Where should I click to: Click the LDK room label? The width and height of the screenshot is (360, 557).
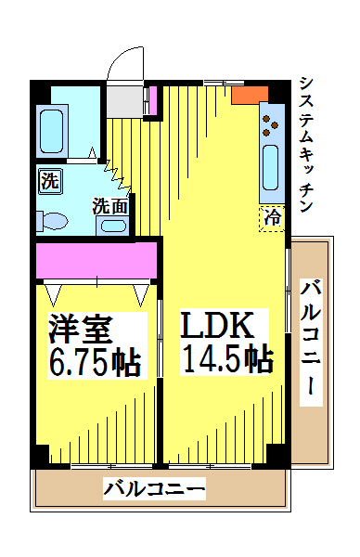tap(217, 325)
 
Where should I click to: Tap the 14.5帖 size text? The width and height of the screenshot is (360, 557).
tap(226, 358)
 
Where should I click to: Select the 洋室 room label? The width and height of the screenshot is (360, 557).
tap(81, 329)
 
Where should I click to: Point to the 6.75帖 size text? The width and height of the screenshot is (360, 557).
tap(96, 362)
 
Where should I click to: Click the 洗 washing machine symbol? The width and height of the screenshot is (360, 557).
tap(49, 181)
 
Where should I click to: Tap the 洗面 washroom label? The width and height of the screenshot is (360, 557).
tap(110, 206)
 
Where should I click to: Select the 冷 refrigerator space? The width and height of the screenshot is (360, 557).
tap(272, 218)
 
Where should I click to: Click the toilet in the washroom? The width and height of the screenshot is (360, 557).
tap(52, 221)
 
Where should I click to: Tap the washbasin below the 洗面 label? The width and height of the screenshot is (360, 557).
tap(113, 226)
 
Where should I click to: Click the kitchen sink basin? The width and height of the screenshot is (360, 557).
tap(271, 168)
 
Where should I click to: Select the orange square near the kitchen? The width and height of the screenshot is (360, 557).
tap(250, 95)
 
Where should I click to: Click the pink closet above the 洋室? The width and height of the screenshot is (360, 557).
tap(96, 260)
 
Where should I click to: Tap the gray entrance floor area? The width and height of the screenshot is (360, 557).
tap(125, 101)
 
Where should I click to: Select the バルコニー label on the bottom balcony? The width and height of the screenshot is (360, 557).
tap(154, 489)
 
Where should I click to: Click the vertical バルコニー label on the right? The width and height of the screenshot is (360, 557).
tap(311, 343)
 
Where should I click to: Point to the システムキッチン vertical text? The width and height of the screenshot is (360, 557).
tap(306, 144)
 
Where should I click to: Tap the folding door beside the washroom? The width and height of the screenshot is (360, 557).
tap(118, 175)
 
